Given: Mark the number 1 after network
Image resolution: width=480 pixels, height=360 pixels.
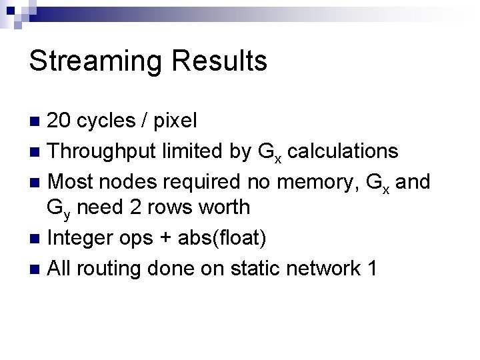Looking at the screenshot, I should (371, 269).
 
